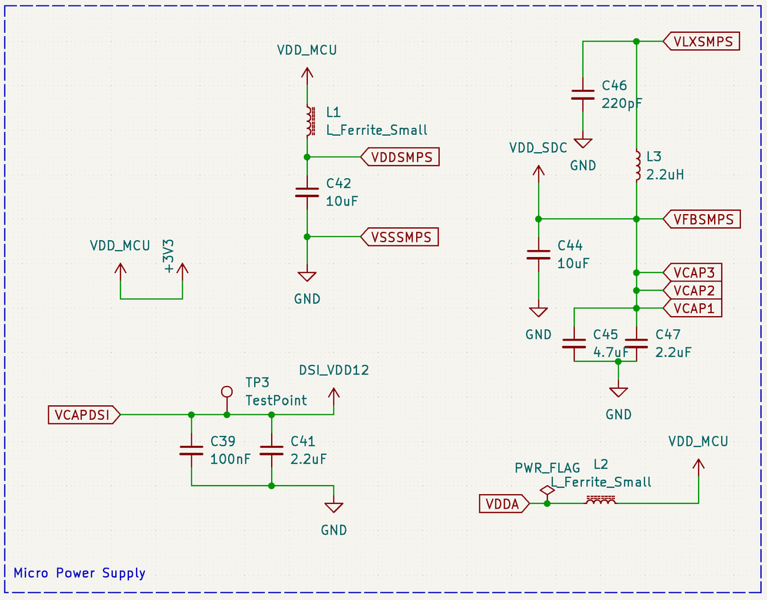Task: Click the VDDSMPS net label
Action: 400,157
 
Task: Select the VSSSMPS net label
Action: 400,237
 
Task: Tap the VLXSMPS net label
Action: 702,41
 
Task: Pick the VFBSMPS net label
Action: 702,219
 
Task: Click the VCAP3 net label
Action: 693,272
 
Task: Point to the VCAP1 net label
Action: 693,308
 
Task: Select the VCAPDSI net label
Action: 83,415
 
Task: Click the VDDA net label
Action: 504,504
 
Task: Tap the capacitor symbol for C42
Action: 307,193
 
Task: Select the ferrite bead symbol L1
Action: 308,120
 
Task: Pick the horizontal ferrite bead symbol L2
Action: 600,500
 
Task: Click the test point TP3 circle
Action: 226,391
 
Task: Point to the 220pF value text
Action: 623,103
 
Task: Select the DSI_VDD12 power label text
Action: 334,370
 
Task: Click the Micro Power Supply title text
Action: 79,573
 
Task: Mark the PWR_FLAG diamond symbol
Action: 547,490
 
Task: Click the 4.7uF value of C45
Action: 610,352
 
